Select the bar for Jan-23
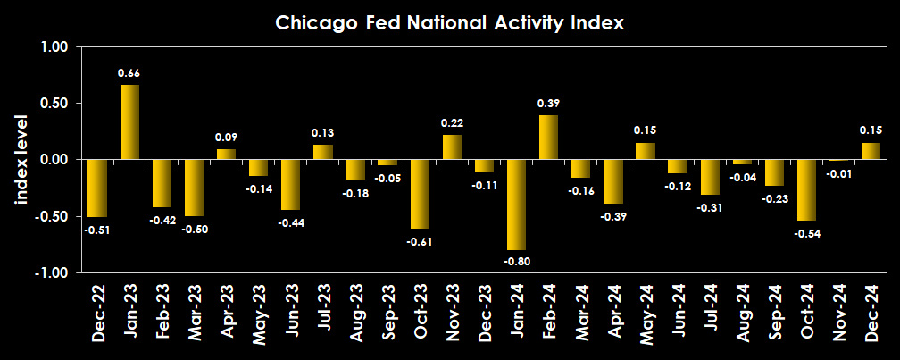click(x=129, y=121)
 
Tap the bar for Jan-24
click(x=516, y=205)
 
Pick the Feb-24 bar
click(x=548, y=137)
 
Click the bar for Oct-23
click(x=420, y=194)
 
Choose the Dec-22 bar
click(x=97, y=188)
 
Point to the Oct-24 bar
click(x=806, y=189)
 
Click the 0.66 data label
click(x=129, y=73)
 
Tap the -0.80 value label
click(x=516, y=261)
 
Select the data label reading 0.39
click(x=548, y=104)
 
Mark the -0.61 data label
click(x=420, y=240)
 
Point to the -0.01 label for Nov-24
click(x=838, y=173)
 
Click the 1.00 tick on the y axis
click(x=55, y=47)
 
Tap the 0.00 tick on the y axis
click(x=55, y=160)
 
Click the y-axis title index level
click(x=22, y=159)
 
